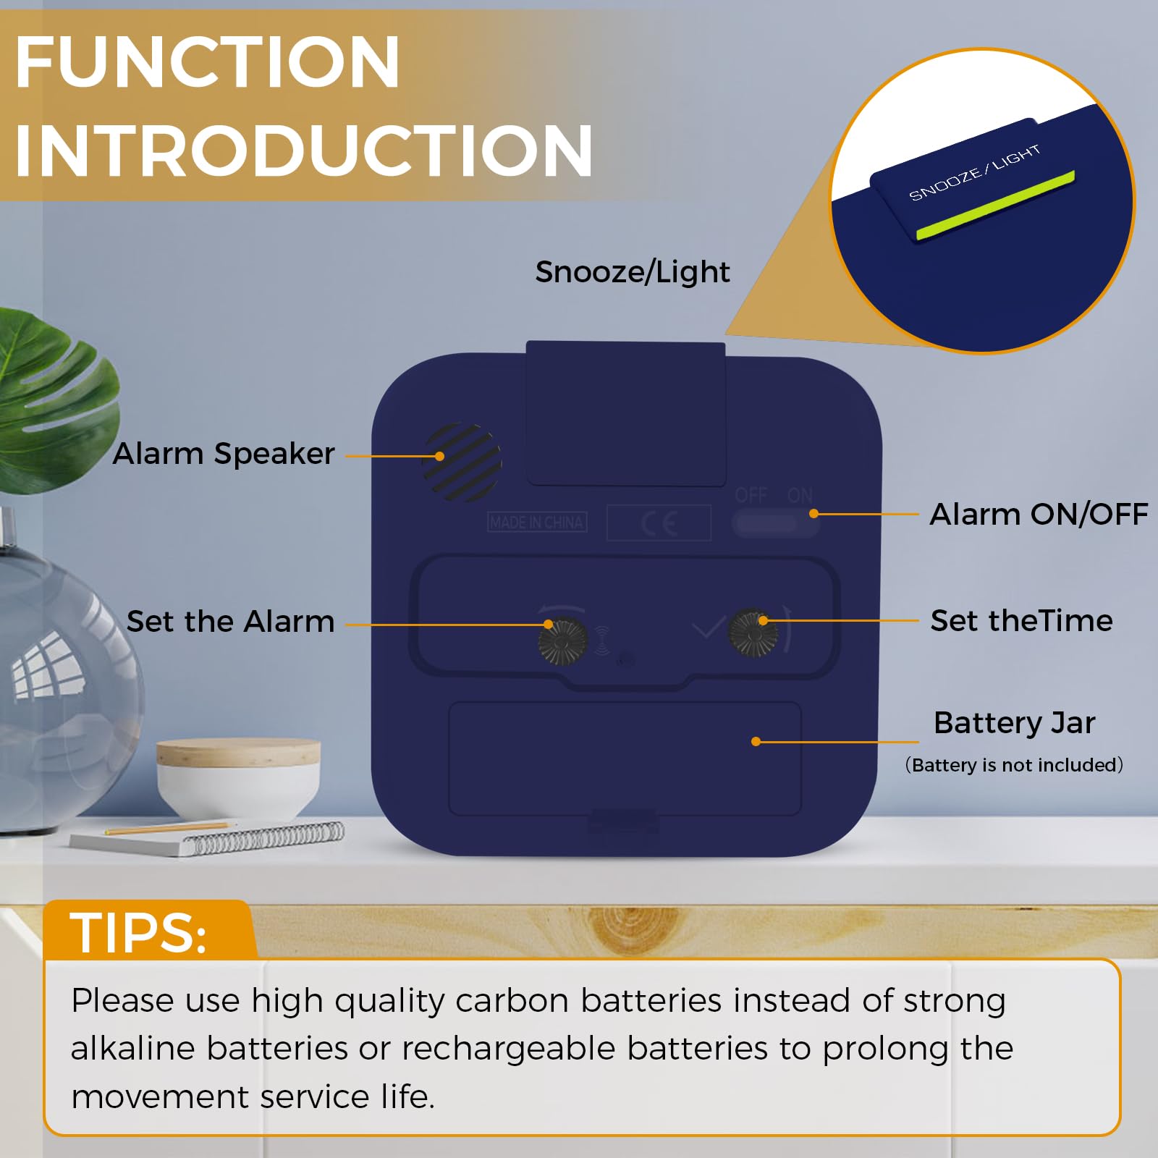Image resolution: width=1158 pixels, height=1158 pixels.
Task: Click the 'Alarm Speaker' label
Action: (x=224, y=455)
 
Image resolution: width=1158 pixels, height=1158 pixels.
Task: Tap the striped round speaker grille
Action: (x=462, y=462)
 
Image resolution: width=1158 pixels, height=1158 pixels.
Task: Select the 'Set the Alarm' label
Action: (x=230, y=622)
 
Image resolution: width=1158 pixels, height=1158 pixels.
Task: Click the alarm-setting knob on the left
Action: (x=563, y=641)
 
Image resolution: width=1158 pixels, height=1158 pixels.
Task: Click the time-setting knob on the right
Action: (x=753, y=632)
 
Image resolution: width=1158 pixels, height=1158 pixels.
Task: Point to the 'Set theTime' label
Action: (x=1021, y=620)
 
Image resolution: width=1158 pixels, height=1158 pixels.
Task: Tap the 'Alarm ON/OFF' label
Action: (x=1039, y=514)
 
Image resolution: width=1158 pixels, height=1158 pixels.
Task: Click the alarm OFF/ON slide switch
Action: (x=775, y=523)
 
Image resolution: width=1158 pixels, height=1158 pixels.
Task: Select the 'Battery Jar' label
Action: (x=1014, y=723)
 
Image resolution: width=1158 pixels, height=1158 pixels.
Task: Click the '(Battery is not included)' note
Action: (x=1014, y=765)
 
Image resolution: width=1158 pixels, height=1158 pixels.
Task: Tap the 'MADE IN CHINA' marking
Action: (x=537, y=522)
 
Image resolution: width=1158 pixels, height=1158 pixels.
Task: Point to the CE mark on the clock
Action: (x=659, y=523)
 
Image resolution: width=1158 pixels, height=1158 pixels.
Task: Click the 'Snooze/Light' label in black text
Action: (x=633, y=272)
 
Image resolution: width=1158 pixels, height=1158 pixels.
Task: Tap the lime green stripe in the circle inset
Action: (x=996, y=205)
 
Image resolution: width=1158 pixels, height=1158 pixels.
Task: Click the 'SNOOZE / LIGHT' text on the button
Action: (x=974, y=172)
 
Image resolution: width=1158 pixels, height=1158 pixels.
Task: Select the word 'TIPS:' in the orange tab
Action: (x=138, y=932)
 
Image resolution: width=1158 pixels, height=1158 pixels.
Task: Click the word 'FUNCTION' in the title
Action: (x=207, y=62)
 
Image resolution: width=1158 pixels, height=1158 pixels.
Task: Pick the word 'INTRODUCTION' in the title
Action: (x=304, y=151)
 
